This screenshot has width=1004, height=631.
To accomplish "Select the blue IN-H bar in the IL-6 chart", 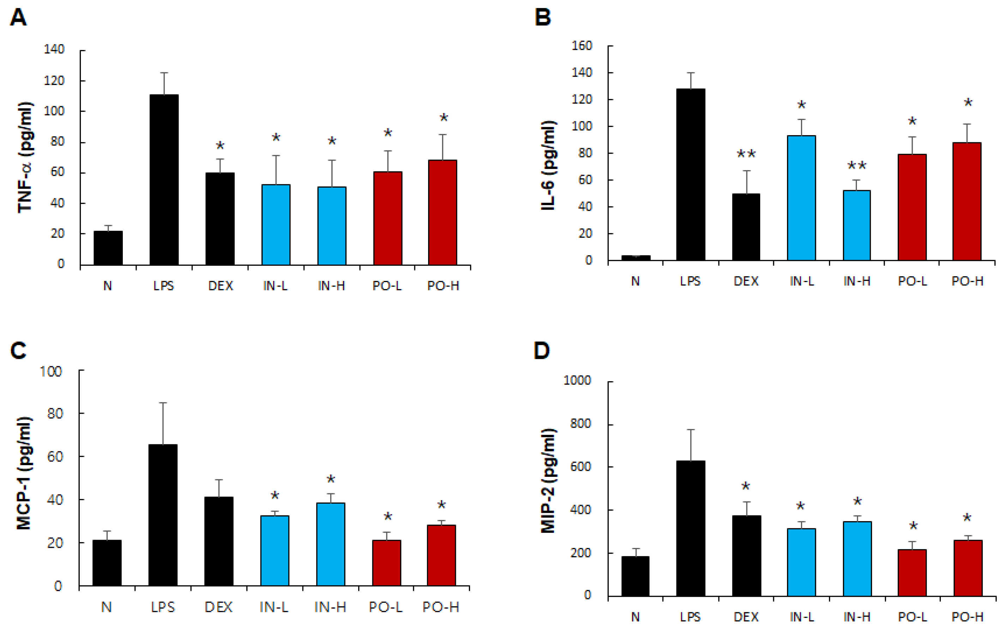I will (x=856, y=225).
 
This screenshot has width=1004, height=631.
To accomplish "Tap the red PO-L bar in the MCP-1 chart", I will (x=386, y=563).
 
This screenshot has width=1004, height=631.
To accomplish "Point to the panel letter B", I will (x=542, y=18).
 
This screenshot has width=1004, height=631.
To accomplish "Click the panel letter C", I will (x=18, y=351).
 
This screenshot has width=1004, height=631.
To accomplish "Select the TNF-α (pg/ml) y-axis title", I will (x=25, y=157).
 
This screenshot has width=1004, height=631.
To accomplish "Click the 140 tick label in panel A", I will (x=54, y=49).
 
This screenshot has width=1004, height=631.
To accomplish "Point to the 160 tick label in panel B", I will (x=582, y=46).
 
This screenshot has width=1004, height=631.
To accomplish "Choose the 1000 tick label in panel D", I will (x=577, y=380).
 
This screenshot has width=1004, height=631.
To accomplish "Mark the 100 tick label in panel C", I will (x=51, y=371).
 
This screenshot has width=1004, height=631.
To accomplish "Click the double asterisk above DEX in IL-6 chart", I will (x=746, y=154).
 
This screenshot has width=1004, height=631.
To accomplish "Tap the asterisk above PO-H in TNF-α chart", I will (x=444, y=118).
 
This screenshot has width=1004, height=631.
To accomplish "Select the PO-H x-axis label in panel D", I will (x=967, y=617).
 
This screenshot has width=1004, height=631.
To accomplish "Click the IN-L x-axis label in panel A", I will (x=275, y=286).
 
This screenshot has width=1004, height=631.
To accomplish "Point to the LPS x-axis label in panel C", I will (x=163, y=607).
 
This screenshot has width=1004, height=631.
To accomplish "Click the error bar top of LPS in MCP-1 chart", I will (x=163, y=403).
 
